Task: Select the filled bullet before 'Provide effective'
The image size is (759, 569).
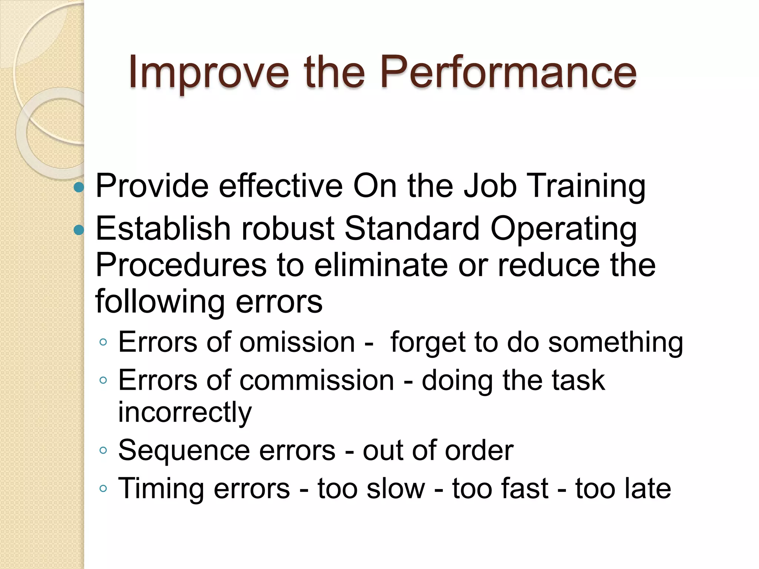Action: (79, 187)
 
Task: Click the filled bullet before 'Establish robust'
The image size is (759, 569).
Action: (79, 230)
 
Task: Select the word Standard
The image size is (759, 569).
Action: (412, 229)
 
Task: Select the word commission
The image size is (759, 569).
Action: (317, 380)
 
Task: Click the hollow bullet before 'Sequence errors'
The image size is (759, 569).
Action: (103, 450)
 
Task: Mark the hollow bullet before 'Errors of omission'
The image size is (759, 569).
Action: (103, 342)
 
